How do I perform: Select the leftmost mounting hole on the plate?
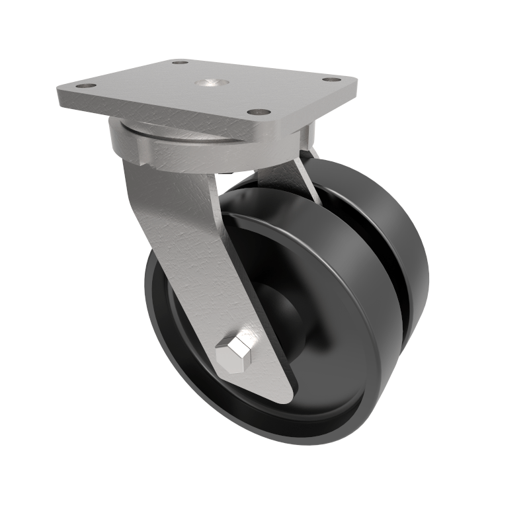(x=84, y=85)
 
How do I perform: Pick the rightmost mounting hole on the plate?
(x=329, y=79)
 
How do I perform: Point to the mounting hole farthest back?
(x=179, y=63)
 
